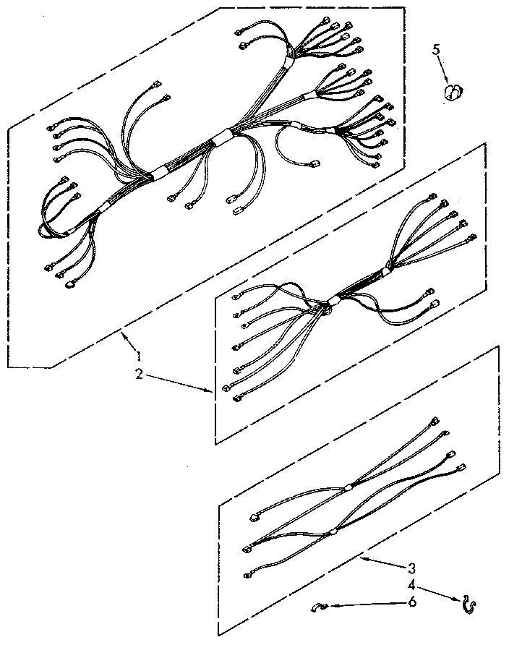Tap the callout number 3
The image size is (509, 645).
click(x=411, y=567)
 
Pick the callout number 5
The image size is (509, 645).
click(x=436, y=49)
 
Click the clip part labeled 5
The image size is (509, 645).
click(x=452, y=92)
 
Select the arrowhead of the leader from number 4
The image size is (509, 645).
click(x=461, y=598)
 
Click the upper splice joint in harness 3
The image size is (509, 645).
click(x=349, y=487)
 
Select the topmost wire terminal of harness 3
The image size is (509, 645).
click(x=434, y=420)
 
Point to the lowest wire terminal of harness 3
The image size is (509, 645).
click(x=249, y=575)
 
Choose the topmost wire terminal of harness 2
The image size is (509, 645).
click(x=432, y=195)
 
